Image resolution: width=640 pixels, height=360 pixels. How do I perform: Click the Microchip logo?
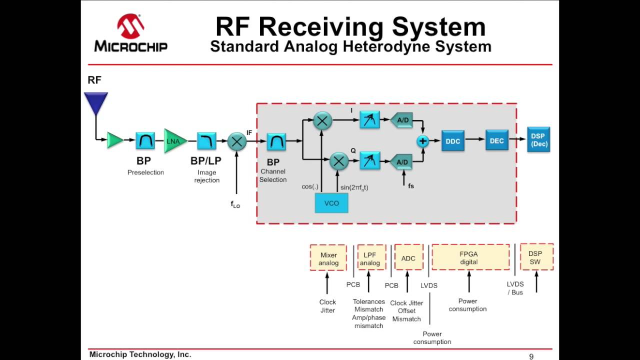(x=131, y=33)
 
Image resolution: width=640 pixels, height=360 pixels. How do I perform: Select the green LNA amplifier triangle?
(x=174, y=141)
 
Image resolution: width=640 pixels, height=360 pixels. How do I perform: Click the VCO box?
(x=331, y=203)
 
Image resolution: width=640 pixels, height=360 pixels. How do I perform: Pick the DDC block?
(x=452, y=141)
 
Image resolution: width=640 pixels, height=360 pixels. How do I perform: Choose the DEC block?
(x=496, y=140)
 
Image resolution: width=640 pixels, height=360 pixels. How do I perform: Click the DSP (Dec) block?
(x=538, y=140)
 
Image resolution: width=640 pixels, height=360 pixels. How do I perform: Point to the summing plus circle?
(x=423, y=141)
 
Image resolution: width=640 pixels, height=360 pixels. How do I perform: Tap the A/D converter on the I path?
(x=401, y=120)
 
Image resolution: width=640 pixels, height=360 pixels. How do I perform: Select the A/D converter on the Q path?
(x=401, y=161)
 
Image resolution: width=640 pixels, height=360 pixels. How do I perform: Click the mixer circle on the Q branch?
(x=338, y=161)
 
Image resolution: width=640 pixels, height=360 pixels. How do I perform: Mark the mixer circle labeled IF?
(x=236, y=141)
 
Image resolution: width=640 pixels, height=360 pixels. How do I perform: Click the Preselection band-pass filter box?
(x=145, y=141)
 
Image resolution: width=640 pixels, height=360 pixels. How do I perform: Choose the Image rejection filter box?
(x=206, y=141)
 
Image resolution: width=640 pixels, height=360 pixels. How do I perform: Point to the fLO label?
(x=235, y=204)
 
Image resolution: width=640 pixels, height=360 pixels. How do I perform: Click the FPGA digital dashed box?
(x=470, y=257)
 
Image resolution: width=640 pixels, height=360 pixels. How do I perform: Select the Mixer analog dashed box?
(x=328, y=257)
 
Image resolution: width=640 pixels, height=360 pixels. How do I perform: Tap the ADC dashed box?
(x=408, y=257)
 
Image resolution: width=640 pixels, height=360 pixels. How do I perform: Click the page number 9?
(x=531, y=356)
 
